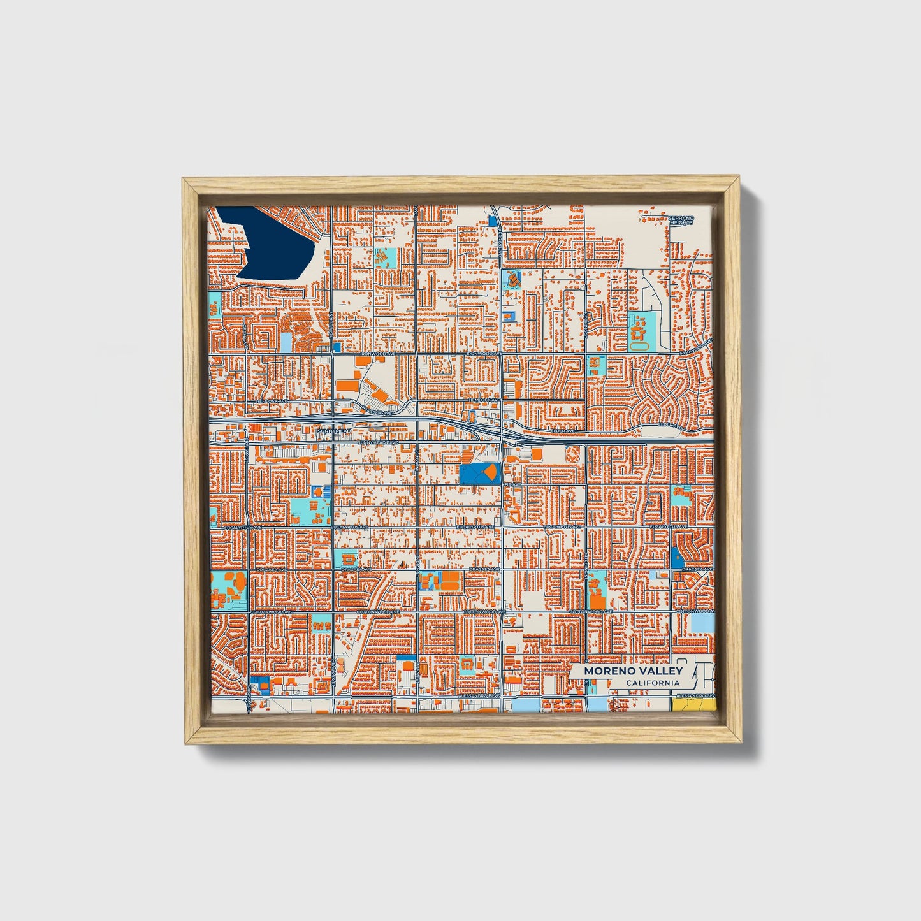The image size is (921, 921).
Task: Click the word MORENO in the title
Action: [x=606, y=671]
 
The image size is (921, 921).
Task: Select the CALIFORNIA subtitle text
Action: [x=652, y=683]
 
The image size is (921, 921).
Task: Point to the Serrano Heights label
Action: [x=680, y=221]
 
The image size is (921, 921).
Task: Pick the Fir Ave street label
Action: [x=513, y=484]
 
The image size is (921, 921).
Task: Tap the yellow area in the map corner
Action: [x=693, y=705]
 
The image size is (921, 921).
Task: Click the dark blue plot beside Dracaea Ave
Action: [x=676, y=559]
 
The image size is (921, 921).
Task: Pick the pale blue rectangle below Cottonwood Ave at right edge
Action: [x=703, y=623]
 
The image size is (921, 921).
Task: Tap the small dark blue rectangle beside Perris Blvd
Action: [x=493, y=221]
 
